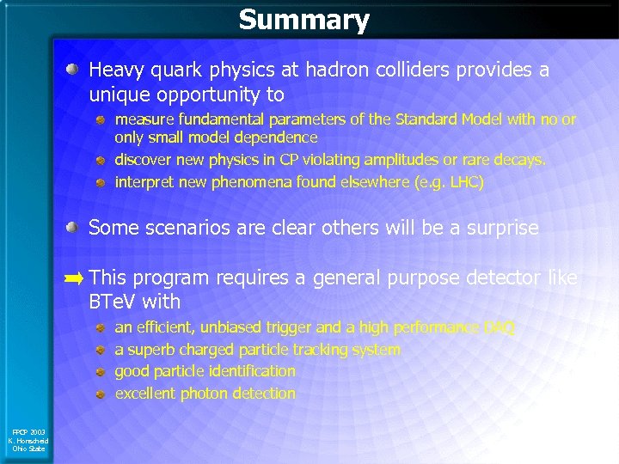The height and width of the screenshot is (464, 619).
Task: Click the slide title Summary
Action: (x=303, y=20)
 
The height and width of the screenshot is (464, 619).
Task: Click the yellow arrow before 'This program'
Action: (x=75, y=278)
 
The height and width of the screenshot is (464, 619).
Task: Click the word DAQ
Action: (x=500, y=327)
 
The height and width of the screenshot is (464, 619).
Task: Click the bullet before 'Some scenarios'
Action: (x=76, y=228)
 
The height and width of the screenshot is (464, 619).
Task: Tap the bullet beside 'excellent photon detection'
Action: (x=100, y=394)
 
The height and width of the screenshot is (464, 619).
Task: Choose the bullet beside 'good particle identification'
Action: (x=100, y=372)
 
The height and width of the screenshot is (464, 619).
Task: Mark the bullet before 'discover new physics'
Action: (x=100, y=161)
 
